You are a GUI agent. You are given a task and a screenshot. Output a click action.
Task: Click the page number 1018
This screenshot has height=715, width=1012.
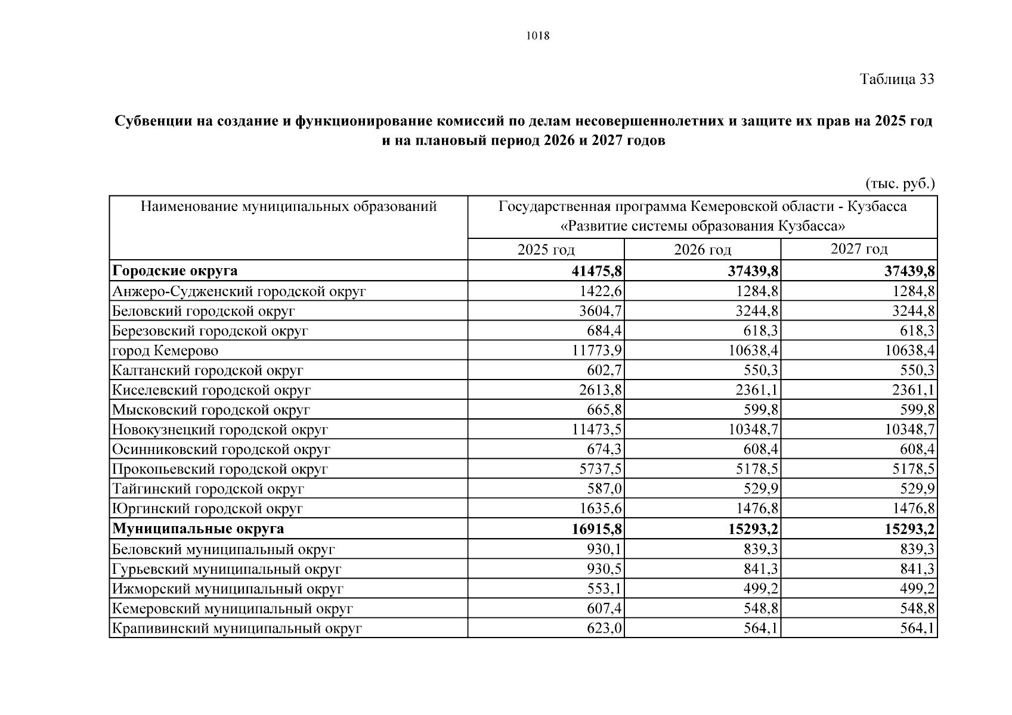(537, 36)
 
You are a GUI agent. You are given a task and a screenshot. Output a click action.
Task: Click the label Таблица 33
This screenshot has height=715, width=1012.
(896, 79)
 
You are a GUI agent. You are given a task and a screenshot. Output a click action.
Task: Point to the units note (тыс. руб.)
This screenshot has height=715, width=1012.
(899, 184)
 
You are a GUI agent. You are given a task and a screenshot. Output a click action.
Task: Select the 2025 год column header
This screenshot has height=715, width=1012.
(546, 249)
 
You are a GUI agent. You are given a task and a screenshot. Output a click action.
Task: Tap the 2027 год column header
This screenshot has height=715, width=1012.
(859, 248)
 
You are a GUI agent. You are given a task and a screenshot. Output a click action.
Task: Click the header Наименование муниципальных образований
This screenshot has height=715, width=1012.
(289, 207)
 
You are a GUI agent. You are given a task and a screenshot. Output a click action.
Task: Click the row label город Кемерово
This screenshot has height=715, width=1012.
(165, 351)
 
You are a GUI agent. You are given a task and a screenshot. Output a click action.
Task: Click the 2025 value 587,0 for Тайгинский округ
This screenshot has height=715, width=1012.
(605, 489)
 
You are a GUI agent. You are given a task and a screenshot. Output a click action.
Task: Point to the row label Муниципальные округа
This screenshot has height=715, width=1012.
(198, 529)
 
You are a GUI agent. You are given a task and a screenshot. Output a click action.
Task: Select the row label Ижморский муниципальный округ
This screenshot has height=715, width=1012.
(228, 589)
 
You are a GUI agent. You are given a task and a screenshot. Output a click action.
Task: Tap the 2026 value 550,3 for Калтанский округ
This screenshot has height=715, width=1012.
(761, 370)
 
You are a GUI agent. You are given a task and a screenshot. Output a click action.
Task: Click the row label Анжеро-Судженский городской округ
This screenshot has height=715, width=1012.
(239, 291)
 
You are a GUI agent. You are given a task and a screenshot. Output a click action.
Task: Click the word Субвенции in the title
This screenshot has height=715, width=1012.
(152, 121)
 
